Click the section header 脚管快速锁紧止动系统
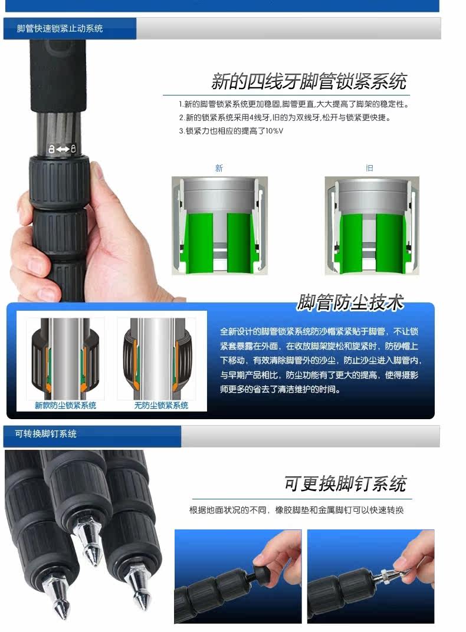click(x=60, y=28)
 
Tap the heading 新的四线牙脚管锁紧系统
click(x=309, y=81)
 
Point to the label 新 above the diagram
click(x=219, y=168)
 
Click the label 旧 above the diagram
click(x=369, y=168)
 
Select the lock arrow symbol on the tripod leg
click(x=62, y=149)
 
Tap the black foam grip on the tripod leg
click(x=58, y=76)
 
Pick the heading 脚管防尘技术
click(x=350, y=302)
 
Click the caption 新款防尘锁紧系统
click(x=65, y=405)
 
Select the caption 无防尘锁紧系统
click(x=161, y=405)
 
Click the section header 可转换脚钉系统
click(x=46, y=434)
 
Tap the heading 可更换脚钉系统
click(x=346, y=483)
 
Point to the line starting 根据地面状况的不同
click(x=297, y=511)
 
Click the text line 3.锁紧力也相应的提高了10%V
click(x=231, y=131)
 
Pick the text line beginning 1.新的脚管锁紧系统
click(x=294, y=104)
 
